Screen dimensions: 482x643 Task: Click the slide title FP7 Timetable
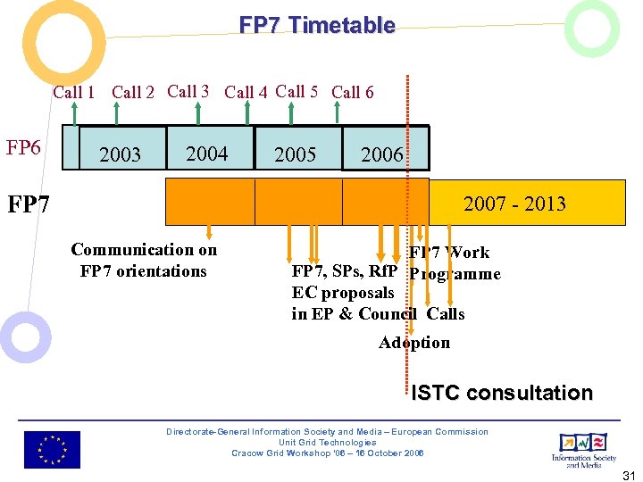[317, 25]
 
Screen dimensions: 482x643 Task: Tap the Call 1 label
[74, 92]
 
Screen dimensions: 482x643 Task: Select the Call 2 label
[133, 92]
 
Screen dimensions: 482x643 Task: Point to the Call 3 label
[188, 91]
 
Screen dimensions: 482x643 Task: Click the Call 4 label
[246, 92]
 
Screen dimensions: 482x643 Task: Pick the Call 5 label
[297, 91]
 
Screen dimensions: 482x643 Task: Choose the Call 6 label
[353, 92]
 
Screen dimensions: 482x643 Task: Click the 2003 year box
[120, 154]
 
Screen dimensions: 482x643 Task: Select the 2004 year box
[206, 154]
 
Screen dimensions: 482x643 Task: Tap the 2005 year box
[295, 154]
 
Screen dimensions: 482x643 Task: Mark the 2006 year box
[381, 154]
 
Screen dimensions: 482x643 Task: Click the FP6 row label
[23, 147]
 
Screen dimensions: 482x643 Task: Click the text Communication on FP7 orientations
[144, 260]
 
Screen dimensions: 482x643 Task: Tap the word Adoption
[414, 343]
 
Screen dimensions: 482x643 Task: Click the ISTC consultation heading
[502, 393]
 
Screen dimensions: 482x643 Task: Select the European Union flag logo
[52, 449]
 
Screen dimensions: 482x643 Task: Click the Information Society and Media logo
[583, 449]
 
